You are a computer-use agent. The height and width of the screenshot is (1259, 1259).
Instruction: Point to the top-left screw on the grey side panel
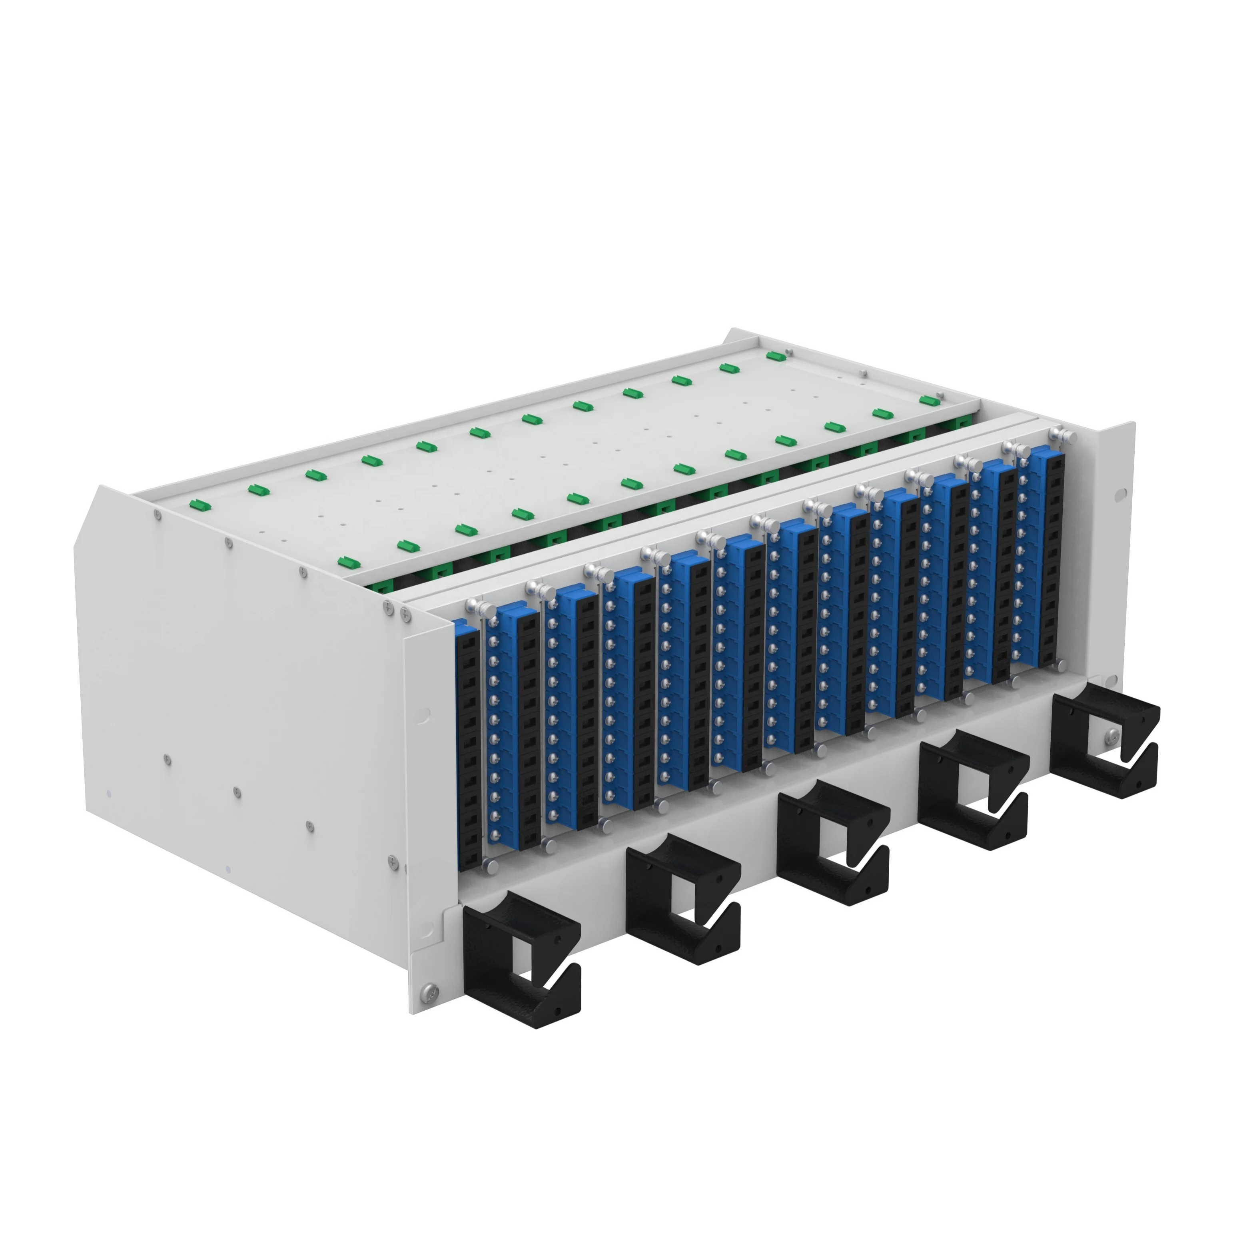[158, 514]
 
